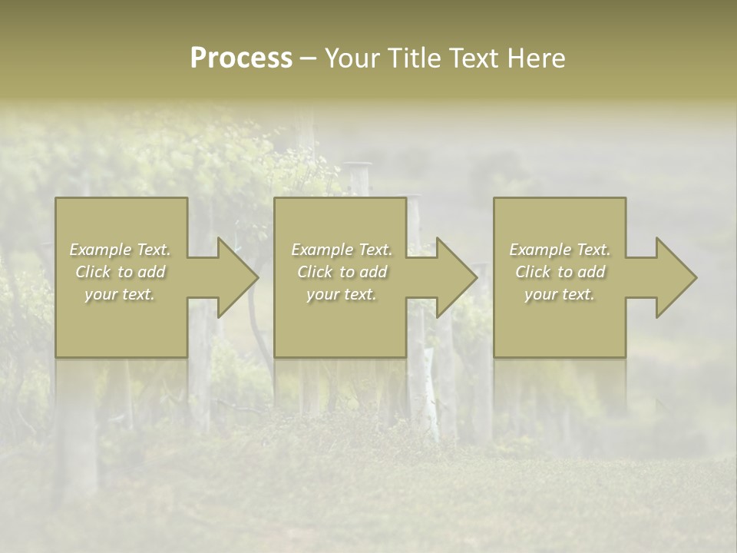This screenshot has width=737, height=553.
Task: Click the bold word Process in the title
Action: point(241,58)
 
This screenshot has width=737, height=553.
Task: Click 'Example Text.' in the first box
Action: point(120,250)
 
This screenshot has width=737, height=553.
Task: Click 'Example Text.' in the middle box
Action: point(341,250)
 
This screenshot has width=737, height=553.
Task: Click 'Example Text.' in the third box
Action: point(560,250)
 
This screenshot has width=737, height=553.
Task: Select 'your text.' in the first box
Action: point(120,294)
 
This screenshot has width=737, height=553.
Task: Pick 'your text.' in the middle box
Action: point(341,294)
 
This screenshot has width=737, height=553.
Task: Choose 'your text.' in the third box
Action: point(560,294)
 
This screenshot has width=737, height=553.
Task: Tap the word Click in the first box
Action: point(93,272)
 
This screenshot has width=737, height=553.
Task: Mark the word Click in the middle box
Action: point(315,272)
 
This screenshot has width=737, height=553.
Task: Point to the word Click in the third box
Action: point(533,272)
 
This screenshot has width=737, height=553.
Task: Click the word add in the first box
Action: point(151,272)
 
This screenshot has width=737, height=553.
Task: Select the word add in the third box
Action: point(591,272)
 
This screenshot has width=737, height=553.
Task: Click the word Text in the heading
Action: point(475,58)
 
